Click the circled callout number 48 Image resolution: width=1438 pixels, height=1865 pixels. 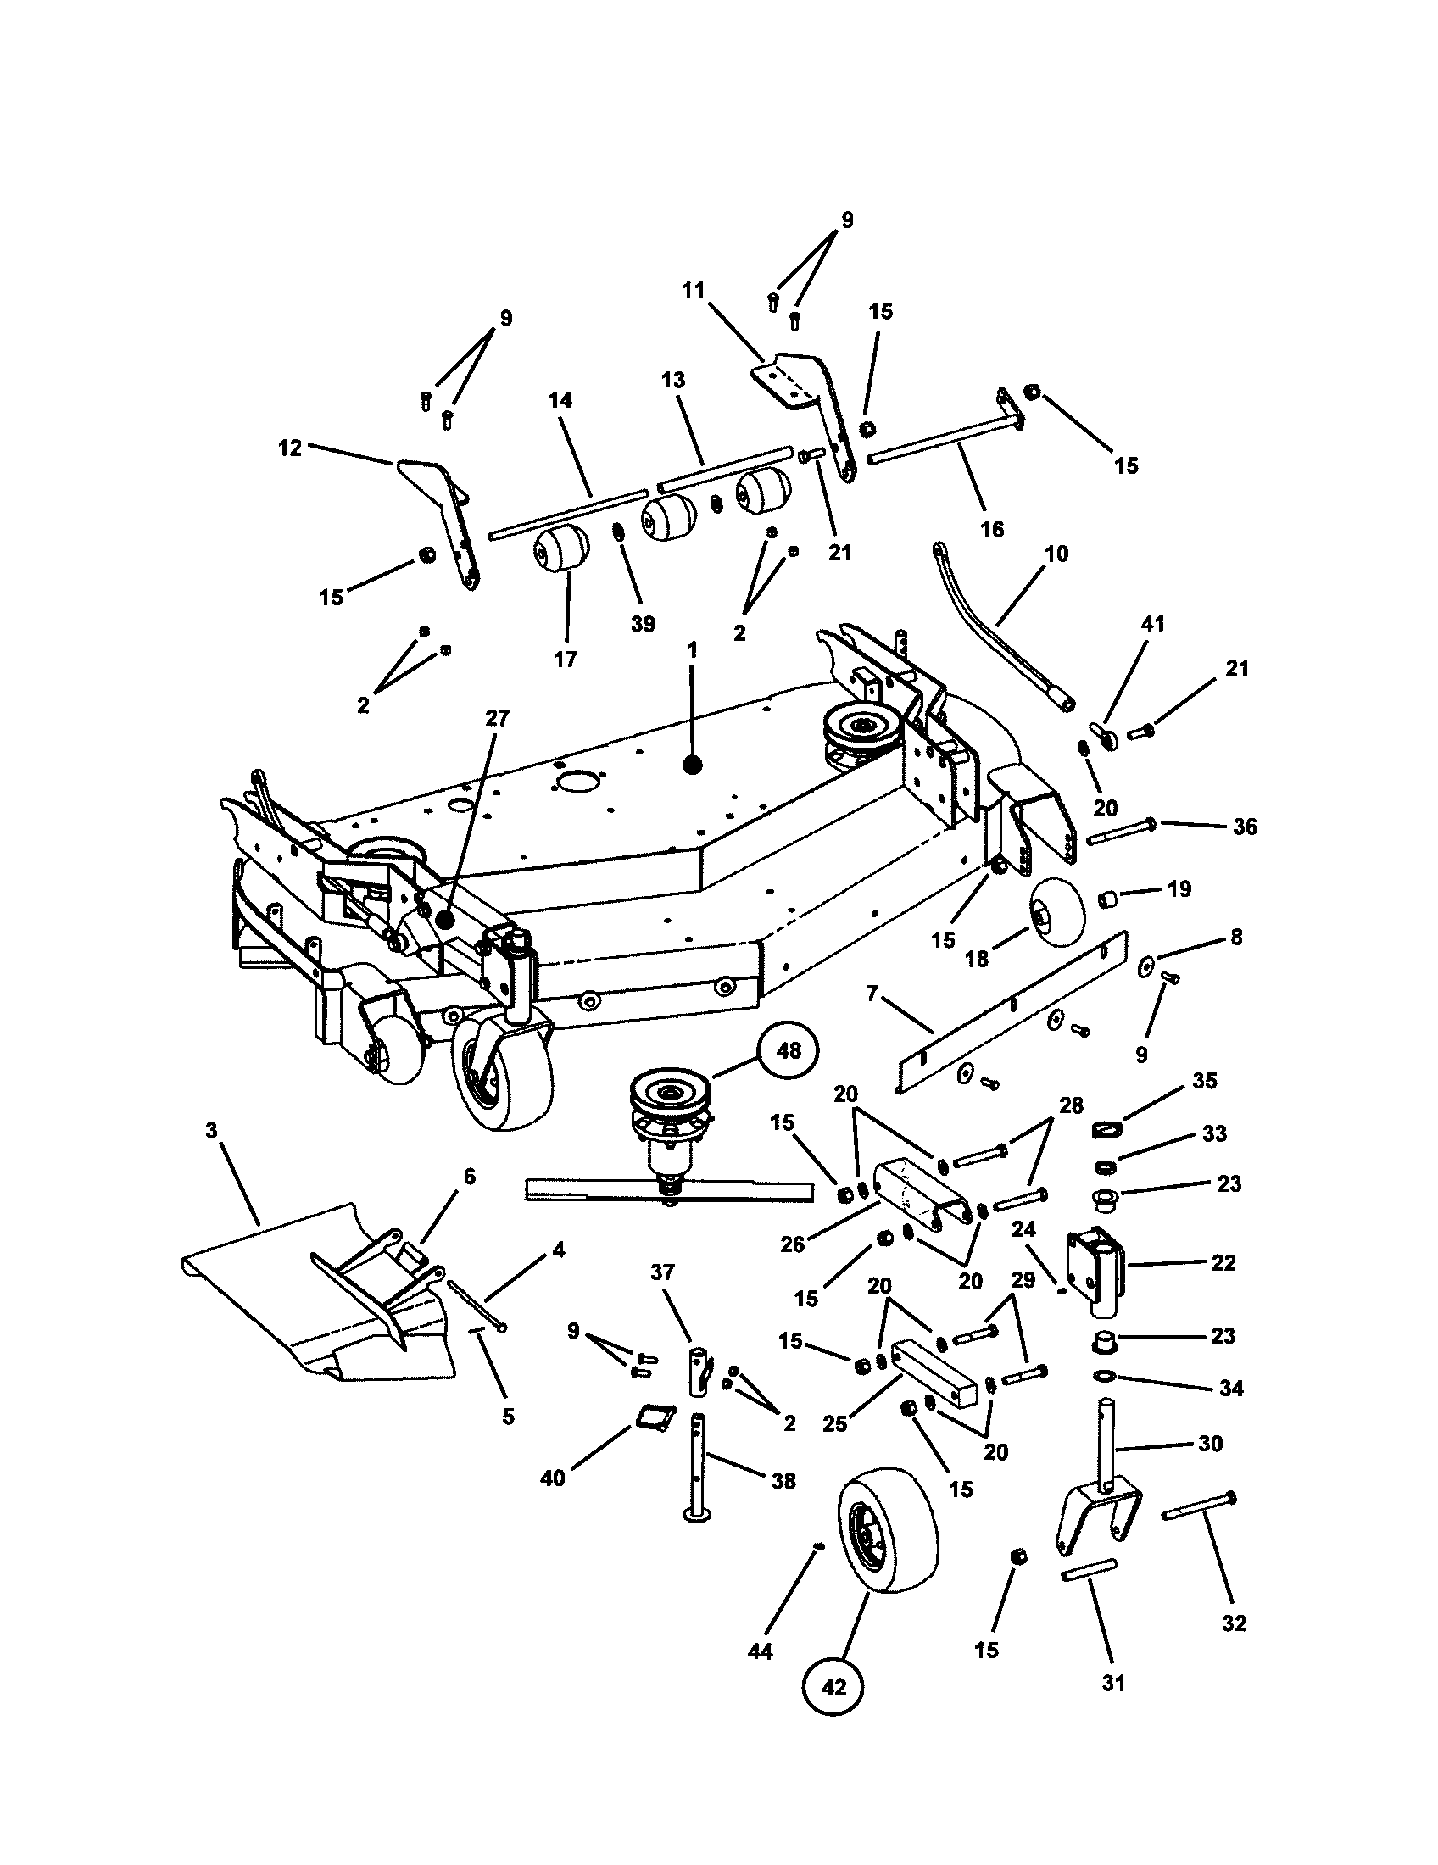[x=788, y=1050]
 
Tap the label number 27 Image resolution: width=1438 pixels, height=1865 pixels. [x=497, y=718]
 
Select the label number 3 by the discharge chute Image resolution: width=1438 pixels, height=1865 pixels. [x=212, y=1131]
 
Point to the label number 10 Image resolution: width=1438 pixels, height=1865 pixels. [x=1056, y=554]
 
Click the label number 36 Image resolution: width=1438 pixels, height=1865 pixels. [x=1245, y=827]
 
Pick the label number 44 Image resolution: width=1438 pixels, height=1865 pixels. [x=759, y=1651]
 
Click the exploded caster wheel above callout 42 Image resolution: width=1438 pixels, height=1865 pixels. [x=888, y=1530]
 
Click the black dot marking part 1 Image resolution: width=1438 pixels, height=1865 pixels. [x=692, y=765]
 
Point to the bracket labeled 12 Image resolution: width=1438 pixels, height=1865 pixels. [x=444, y=512]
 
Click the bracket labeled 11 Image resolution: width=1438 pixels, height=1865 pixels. [x=811, y=401]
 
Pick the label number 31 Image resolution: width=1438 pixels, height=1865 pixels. [x=1113, y=1681]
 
